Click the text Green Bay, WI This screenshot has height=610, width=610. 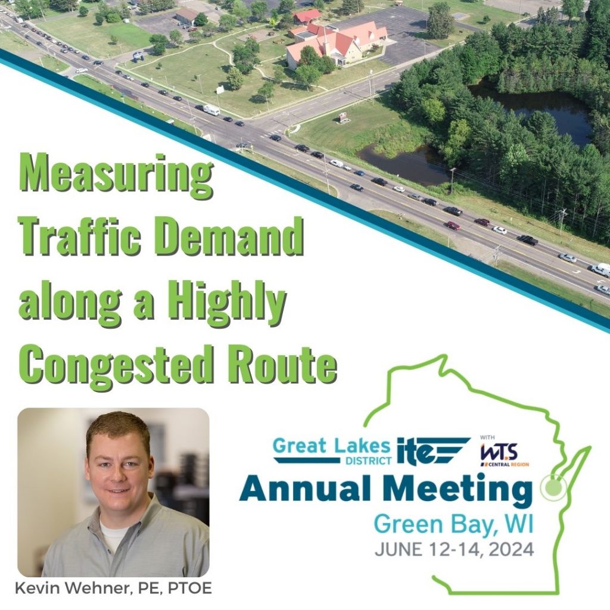pos(453,525)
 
